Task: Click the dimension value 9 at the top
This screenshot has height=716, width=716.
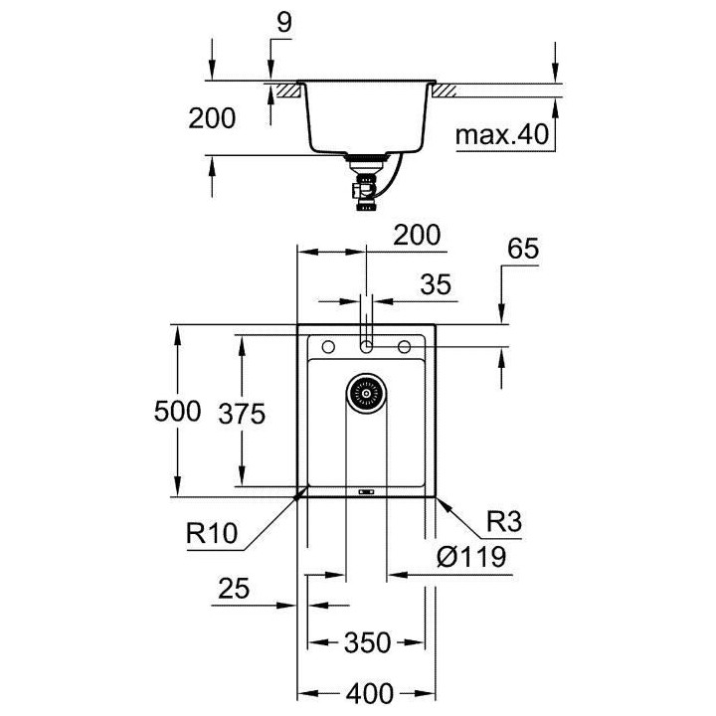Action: tap(283, 23)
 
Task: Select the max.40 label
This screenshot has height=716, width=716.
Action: tap(503, 135)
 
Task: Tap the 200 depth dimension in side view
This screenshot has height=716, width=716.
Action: tap(212, 118)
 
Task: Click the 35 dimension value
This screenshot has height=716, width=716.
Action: tap(436, 285)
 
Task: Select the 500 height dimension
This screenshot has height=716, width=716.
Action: tap(178, 411)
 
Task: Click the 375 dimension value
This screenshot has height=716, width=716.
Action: tap(244, 411)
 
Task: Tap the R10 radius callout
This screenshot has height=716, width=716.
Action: tap(213, 534)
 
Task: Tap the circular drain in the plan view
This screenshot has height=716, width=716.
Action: tap(365, 395)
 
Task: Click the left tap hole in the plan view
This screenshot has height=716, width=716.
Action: tap(327, 346)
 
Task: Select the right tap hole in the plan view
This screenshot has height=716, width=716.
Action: tap(405, 346)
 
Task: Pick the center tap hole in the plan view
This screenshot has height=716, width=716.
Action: tap(366, 346)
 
